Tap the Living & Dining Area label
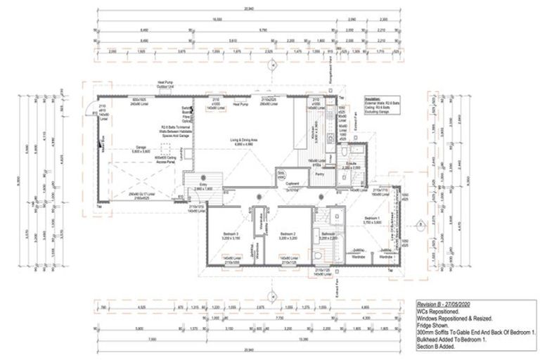click(240, 141)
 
